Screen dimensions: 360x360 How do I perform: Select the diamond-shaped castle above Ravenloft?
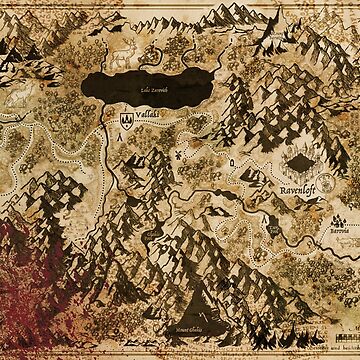point(299,161)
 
